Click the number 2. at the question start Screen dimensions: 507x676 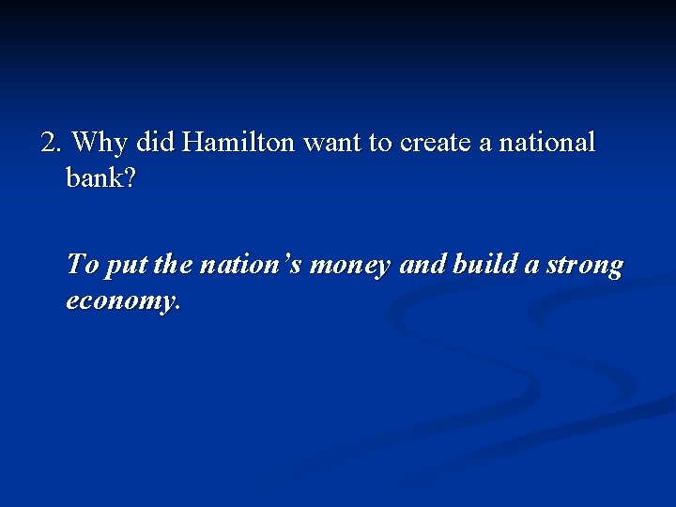52,143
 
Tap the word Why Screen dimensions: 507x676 100,144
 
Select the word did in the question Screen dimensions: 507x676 156,143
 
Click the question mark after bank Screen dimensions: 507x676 130,177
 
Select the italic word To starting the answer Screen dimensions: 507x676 82,266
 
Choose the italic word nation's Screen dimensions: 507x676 252,266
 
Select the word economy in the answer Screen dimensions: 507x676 119,302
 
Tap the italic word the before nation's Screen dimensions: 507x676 172,266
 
